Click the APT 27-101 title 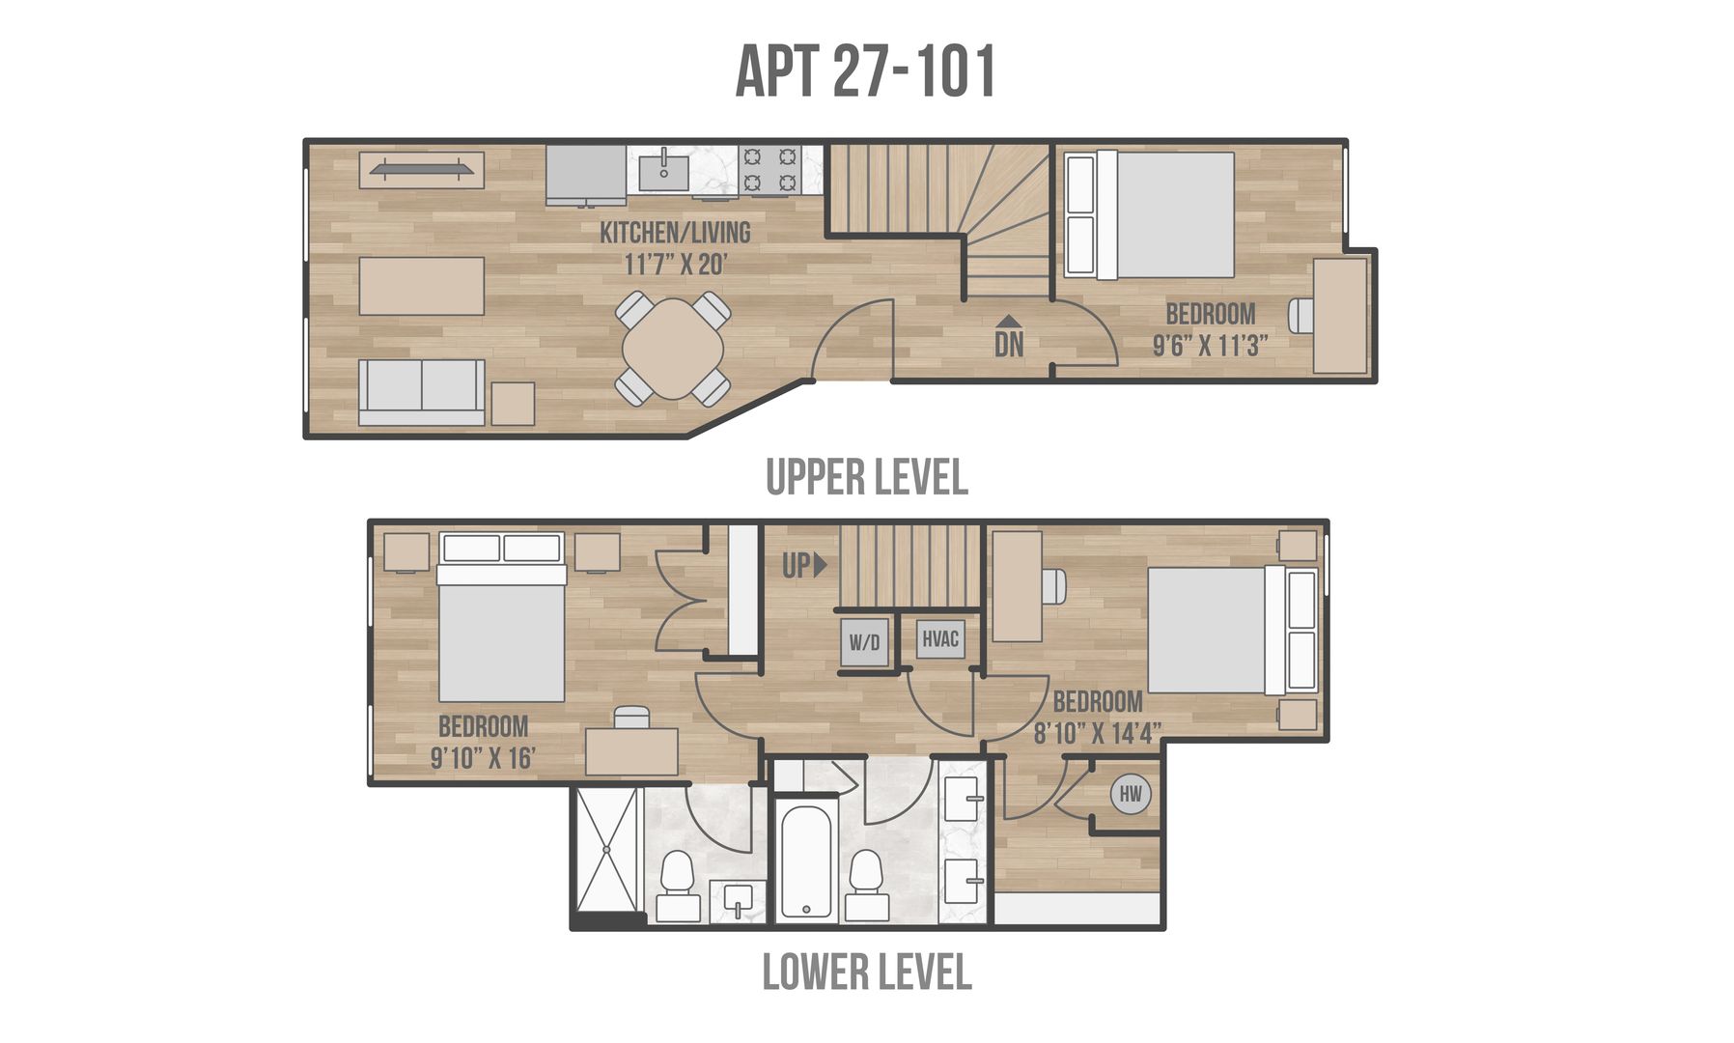click(865, 71)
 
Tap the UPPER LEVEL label click(866, 477)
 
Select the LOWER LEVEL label click(866, 972)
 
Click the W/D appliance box click(864, 641)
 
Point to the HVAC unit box click(939, 638)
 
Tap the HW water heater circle click(1131, 795)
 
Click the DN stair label click(1009, 344)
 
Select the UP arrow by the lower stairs click(821, 565)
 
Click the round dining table click(673, 349)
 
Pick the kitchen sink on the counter click(663, 170)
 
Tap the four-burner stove click(769, 170)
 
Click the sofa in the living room click(422, 392)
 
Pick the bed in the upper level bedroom click(1149, 214)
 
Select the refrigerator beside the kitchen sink click(586, 176)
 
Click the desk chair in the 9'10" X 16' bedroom click(632, 717)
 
